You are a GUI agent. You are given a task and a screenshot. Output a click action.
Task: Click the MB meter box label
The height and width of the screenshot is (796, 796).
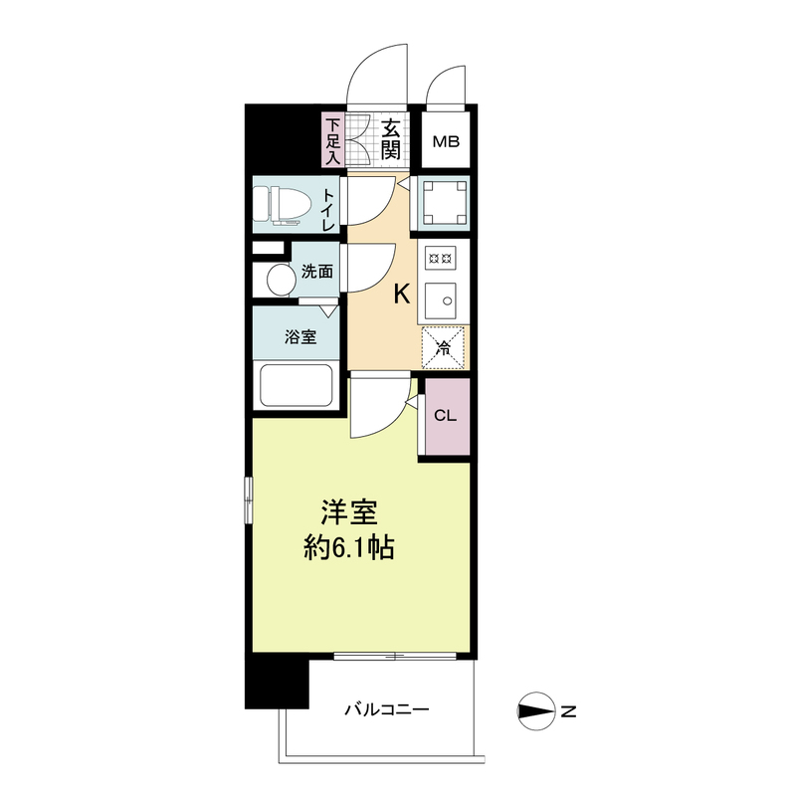tap(445, 141)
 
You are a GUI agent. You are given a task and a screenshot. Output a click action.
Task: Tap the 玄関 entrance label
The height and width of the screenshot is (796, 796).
tap(392, 140)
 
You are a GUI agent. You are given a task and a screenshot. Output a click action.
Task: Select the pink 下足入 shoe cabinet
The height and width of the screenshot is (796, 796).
tap(332, 140)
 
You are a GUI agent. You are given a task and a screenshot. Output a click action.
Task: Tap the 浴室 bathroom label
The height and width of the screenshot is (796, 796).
tap(300, 336)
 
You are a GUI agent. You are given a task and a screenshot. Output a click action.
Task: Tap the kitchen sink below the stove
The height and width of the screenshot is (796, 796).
tap(442, 298)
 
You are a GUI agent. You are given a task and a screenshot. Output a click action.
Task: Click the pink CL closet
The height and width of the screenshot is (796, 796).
tap(445, 415)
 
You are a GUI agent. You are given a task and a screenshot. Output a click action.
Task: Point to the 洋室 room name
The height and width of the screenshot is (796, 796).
tap(347, 512)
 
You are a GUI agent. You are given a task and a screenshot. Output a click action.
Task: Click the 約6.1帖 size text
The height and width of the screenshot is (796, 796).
tap(347, 548)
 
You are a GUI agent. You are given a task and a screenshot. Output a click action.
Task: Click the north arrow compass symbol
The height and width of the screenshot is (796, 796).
tap(537, 710)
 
